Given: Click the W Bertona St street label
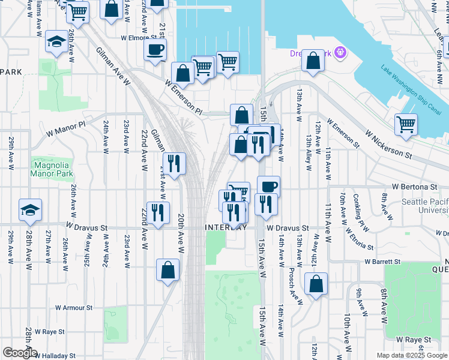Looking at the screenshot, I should (x=415, y=187).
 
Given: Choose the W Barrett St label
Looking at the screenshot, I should (x=382, y=262).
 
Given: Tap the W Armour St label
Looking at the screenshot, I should (x=74, y=307).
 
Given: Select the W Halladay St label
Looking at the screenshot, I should (x=55, y=355).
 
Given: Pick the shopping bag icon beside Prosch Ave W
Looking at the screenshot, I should (x=316, y=283).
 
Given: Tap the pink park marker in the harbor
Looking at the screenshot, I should (x=341, y=52).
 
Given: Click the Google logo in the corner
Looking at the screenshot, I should (x=20, y=353).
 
